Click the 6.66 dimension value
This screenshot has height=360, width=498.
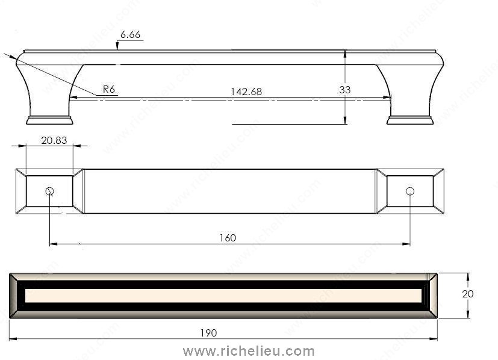(130, 34)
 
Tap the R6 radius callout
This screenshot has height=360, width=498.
(108, 89)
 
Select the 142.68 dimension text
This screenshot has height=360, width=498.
(246, 92)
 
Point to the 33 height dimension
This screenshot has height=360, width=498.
(344, 90)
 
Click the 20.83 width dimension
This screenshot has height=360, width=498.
(54, 140)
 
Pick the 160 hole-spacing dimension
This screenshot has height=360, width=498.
(228, 238)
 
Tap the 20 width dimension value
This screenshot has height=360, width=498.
(467, 294)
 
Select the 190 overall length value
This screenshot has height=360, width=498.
(208, 333)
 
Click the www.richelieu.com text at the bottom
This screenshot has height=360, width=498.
(249, 352)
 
